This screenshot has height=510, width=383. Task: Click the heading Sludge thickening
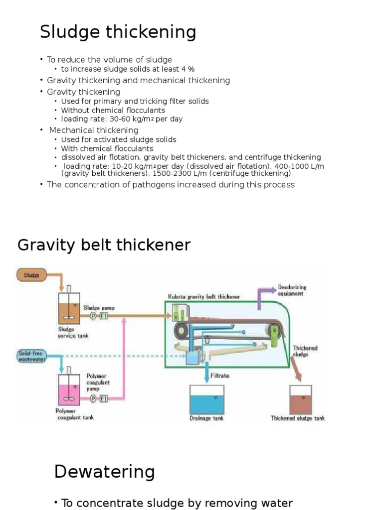(x=118, y=33)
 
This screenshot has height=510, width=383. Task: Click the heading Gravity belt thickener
(x=104, y=245)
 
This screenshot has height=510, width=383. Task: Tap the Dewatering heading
(x=104, y=472)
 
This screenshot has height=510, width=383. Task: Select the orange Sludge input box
(x=32, y=274)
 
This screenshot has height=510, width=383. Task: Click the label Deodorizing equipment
(x=292, y=290)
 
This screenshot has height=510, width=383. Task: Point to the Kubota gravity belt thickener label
(x=203, y=297)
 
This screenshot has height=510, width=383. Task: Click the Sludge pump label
(x=99, y=308)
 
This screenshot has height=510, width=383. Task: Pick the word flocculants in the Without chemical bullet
(x=145, y=110)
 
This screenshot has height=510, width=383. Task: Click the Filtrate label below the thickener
(x=220, y=376)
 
